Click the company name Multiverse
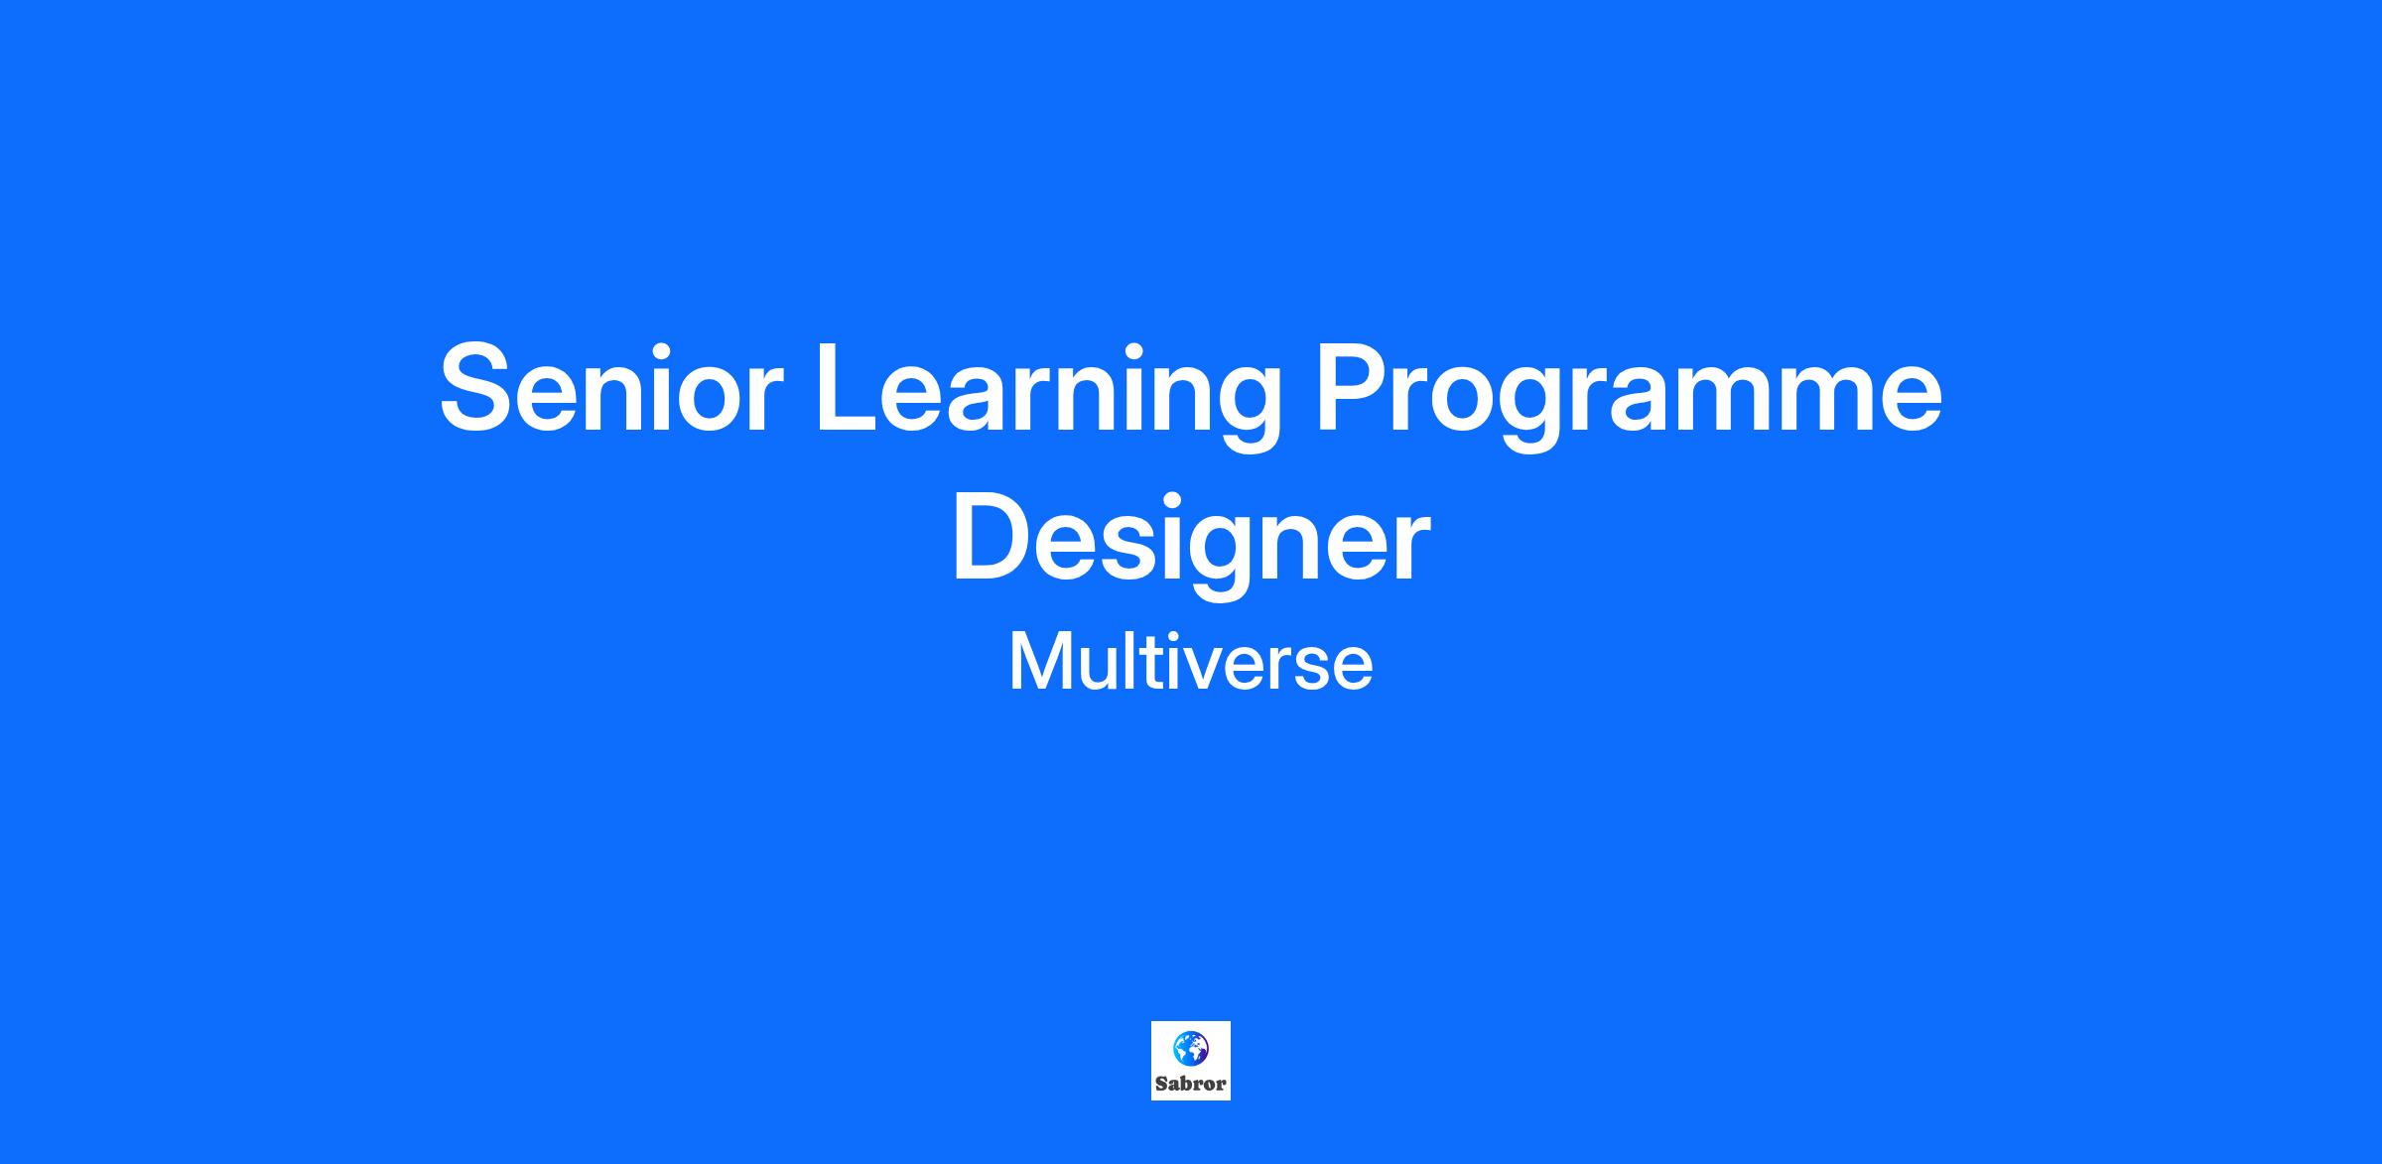1191,662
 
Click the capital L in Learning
850,387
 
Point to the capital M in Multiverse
1040,663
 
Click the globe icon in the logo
1191,1048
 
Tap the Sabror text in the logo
1191,1084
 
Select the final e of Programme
1906,400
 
